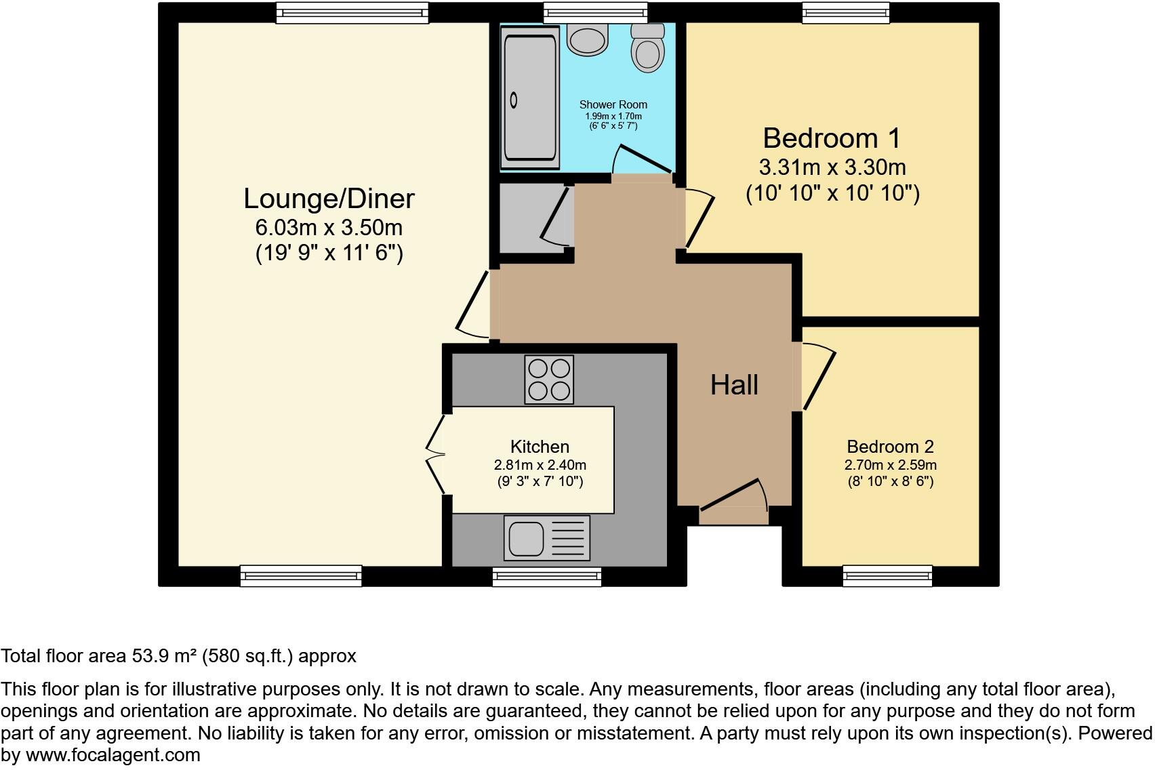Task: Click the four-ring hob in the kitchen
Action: click(x=549, y=380)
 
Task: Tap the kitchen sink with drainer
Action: click(x=546, y=538)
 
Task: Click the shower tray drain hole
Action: click(x=514, y=100)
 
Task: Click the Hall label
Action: click(x=734, y=385)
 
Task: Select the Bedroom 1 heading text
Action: click(x=832, y=138)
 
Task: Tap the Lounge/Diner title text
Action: click(x=329, y=199)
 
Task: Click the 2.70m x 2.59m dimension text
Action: click(x=890, y=465)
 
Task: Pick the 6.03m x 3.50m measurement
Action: click(x=329, y=227)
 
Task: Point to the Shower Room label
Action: click(x=613, y=104)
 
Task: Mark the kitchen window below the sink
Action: click(x=546, y=577)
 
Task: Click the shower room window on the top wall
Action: click(x=595, y=12)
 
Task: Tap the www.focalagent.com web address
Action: click(x=113, y=755)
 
